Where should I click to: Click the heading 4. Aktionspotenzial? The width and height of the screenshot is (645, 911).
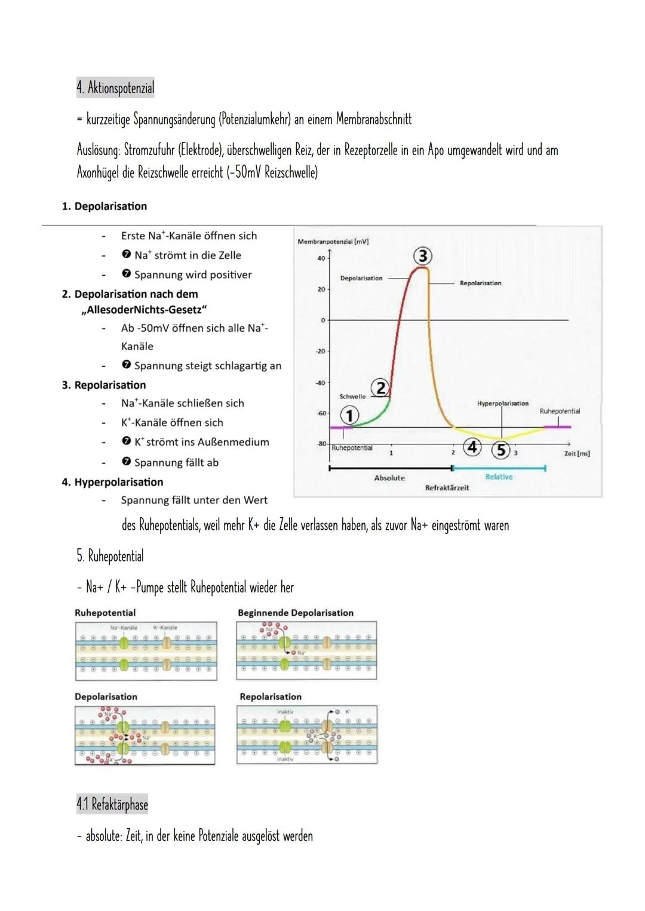pyautogui.click(x=115, y=88)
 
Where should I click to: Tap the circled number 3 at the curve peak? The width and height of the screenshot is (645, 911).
pyautogui.click(x=423, y=256)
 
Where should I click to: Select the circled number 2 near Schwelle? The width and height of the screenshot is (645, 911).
pyautogui.click(x=380, y=388)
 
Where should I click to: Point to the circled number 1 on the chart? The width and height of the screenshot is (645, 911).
pyautogui.click(x=349, y=415)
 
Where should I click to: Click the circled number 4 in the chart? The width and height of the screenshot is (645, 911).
pyautogui.click(x=472, y=447)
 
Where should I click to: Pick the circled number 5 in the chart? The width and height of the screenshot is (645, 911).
pyautogui.click(x=500, y=450)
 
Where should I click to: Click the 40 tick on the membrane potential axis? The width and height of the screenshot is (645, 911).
pyautogui.click(x=321, y=258)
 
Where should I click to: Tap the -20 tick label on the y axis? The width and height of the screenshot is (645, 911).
pyautogui.click(x=321, y=351)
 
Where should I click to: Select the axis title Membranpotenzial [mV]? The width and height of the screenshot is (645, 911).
pyautogui.click(x=333, y=242)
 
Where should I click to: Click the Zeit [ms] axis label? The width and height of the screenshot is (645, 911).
pyautogui.click(x=576, y=454)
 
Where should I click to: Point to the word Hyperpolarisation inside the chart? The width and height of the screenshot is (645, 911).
pyautogui.click(x=502, y=404)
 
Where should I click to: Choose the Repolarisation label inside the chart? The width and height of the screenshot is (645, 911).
pyautogui.click(x=480, y=283)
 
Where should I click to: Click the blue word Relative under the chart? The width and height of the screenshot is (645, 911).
pyautogui.click(x=499, y=477)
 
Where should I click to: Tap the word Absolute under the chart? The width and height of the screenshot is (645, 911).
pyautogui.click(x=389, y=478)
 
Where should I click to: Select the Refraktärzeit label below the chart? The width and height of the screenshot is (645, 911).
pyautogui.click(x=447, y=488)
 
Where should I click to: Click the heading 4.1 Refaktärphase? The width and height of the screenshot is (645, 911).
pyautogui.click(x=112, y=804)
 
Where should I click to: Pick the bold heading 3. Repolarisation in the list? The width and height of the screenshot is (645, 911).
pyautogui.click(x=104, y=385)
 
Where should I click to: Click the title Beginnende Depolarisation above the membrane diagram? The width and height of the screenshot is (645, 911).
pyautogui.click(x=296, y=613)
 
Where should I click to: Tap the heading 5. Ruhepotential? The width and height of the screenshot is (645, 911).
pyautogui.click(x=110, y=556)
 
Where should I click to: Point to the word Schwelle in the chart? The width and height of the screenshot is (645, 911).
pyautogui.click(x=352, y=397)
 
